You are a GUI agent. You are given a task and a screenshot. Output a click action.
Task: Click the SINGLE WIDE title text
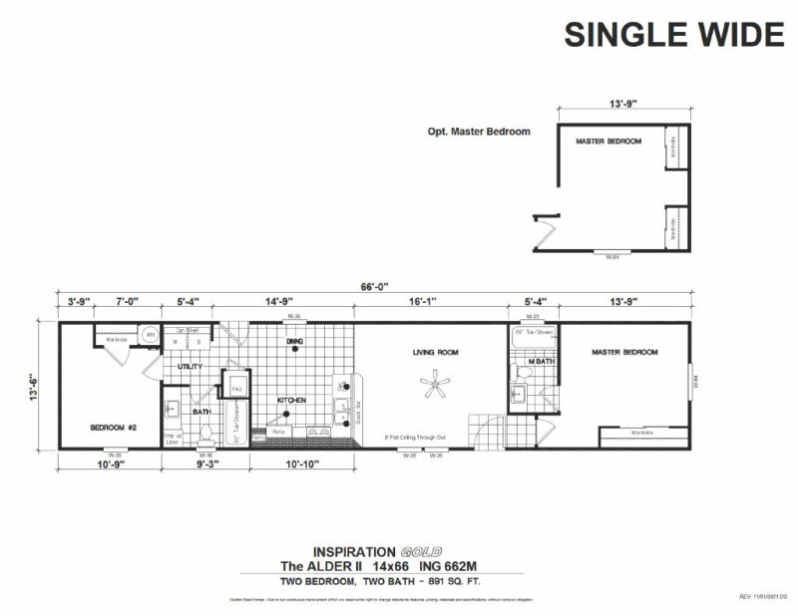673,33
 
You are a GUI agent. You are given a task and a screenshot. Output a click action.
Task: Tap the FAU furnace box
237,387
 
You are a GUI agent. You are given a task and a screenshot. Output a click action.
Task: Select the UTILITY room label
191,367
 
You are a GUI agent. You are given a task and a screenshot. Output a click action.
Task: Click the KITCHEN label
291,400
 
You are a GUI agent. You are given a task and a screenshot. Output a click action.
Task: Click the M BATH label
542,361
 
